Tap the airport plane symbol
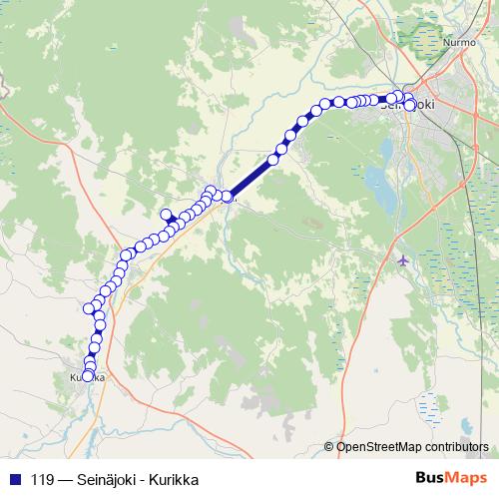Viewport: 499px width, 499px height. (402, 260)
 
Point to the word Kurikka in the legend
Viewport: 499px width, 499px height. (176, 478)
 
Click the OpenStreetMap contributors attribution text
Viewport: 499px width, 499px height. (412, 446)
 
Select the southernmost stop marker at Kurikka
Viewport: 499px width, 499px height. (89, 376)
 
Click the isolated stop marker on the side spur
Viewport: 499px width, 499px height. (166, 214)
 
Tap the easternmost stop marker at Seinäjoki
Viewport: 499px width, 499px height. (411, 105)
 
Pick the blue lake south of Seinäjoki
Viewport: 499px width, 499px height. (376, 180)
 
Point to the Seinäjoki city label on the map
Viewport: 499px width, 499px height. (407, 103)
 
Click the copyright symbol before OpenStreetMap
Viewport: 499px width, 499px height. (330, 447)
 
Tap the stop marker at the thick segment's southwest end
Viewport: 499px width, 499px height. (228, 197)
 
